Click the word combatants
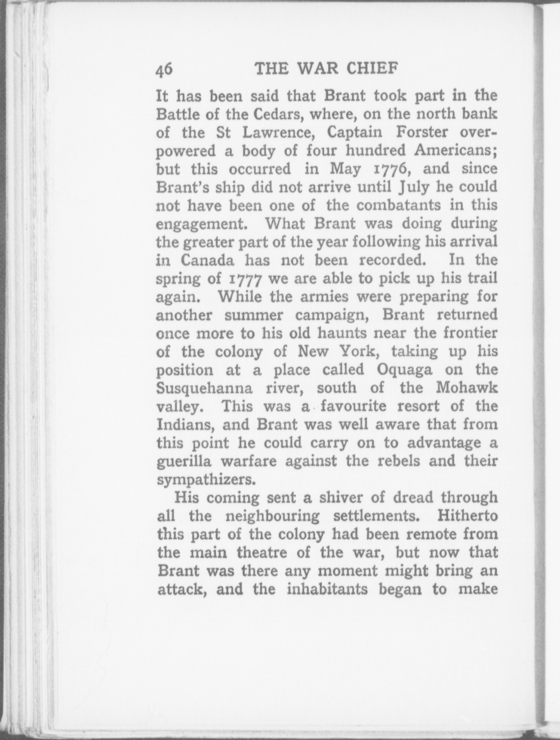[x=399, y=206]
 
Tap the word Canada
[x=207, y=261]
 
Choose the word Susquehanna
[x=205, y=388]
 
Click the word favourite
[x=353, y=406]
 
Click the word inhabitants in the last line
[x=327, y=589]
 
